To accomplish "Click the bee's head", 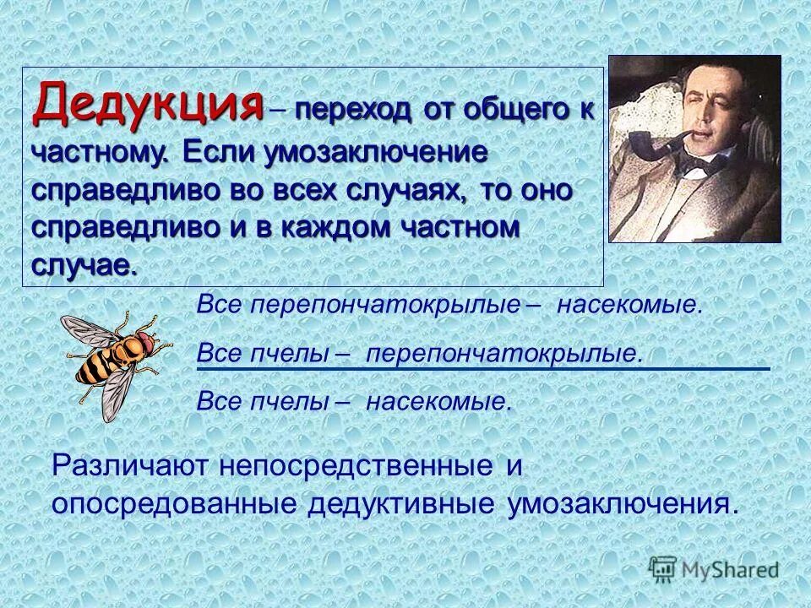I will [x=145, y=341].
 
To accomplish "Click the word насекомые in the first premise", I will [x=628, y=306].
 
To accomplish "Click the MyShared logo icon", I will [x=664, y=568].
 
